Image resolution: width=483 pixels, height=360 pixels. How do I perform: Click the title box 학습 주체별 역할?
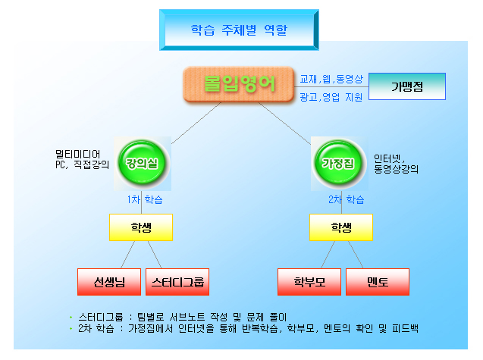239,30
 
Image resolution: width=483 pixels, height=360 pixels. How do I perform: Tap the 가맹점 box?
407,87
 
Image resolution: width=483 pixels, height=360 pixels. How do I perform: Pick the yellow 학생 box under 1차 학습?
140,227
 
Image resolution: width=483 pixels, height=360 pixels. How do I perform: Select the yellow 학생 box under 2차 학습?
340,227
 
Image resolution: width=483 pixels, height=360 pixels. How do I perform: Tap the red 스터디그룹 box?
177,283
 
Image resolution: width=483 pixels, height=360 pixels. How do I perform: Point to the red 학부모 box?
309,283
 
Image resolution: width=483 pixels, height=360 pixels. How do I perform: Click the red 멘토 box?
377,283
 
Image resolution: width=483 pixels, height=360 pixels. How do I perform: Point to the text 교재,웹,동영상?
331,79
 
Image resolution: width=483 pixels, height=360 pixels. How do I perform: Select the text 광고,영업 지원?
331,97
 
